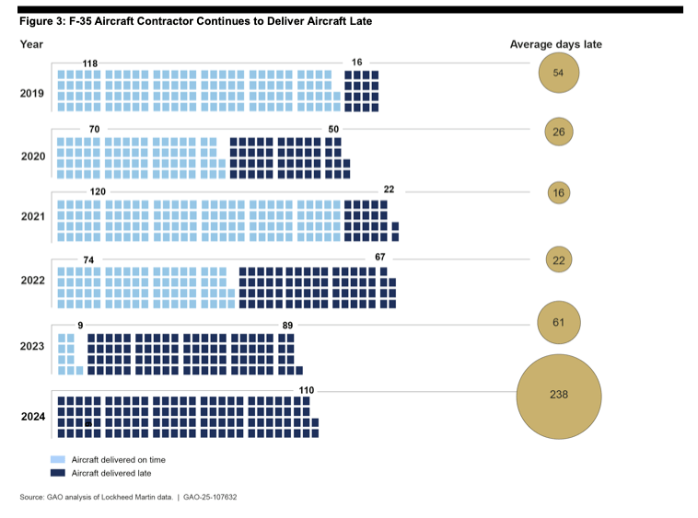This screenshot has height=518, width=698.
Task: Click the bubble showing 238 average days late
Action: click(558, 395)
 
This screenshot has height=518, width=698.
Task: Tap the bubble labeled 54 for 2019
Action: click(558, 73)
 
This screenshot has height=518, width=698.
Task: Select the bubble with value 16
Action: click(558, 192)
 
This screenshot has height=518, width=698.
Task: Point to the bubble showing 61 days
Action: click(558, 322)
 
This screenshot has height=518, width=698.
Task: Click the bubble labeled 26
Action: click(558, 132)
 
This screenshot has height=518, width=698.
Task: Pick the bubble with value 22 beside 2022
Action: click(558, 260)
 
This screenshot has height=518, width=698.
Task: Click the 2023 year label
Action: click(33, 346)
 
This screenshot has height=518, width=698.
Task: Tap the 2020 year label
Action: click(33, 156)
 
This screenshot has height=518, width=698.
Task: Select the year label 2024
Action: click(33, 417)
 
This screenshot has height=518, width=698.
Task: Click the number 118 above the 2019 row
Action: click(89, 63)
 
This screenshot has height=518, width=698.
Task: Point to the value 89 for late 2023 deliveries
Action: click(287, 326)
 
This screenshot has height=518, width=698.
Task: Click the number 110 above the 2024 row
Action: click(307, 390)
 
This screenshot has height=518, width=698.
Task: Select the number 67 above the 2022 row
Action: click(380, 257)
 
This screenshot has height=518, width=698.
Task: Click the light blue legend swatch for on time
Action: click(57, 459)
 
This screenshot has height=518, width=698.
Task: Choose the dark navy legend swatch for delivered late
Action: click(57, 473)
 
